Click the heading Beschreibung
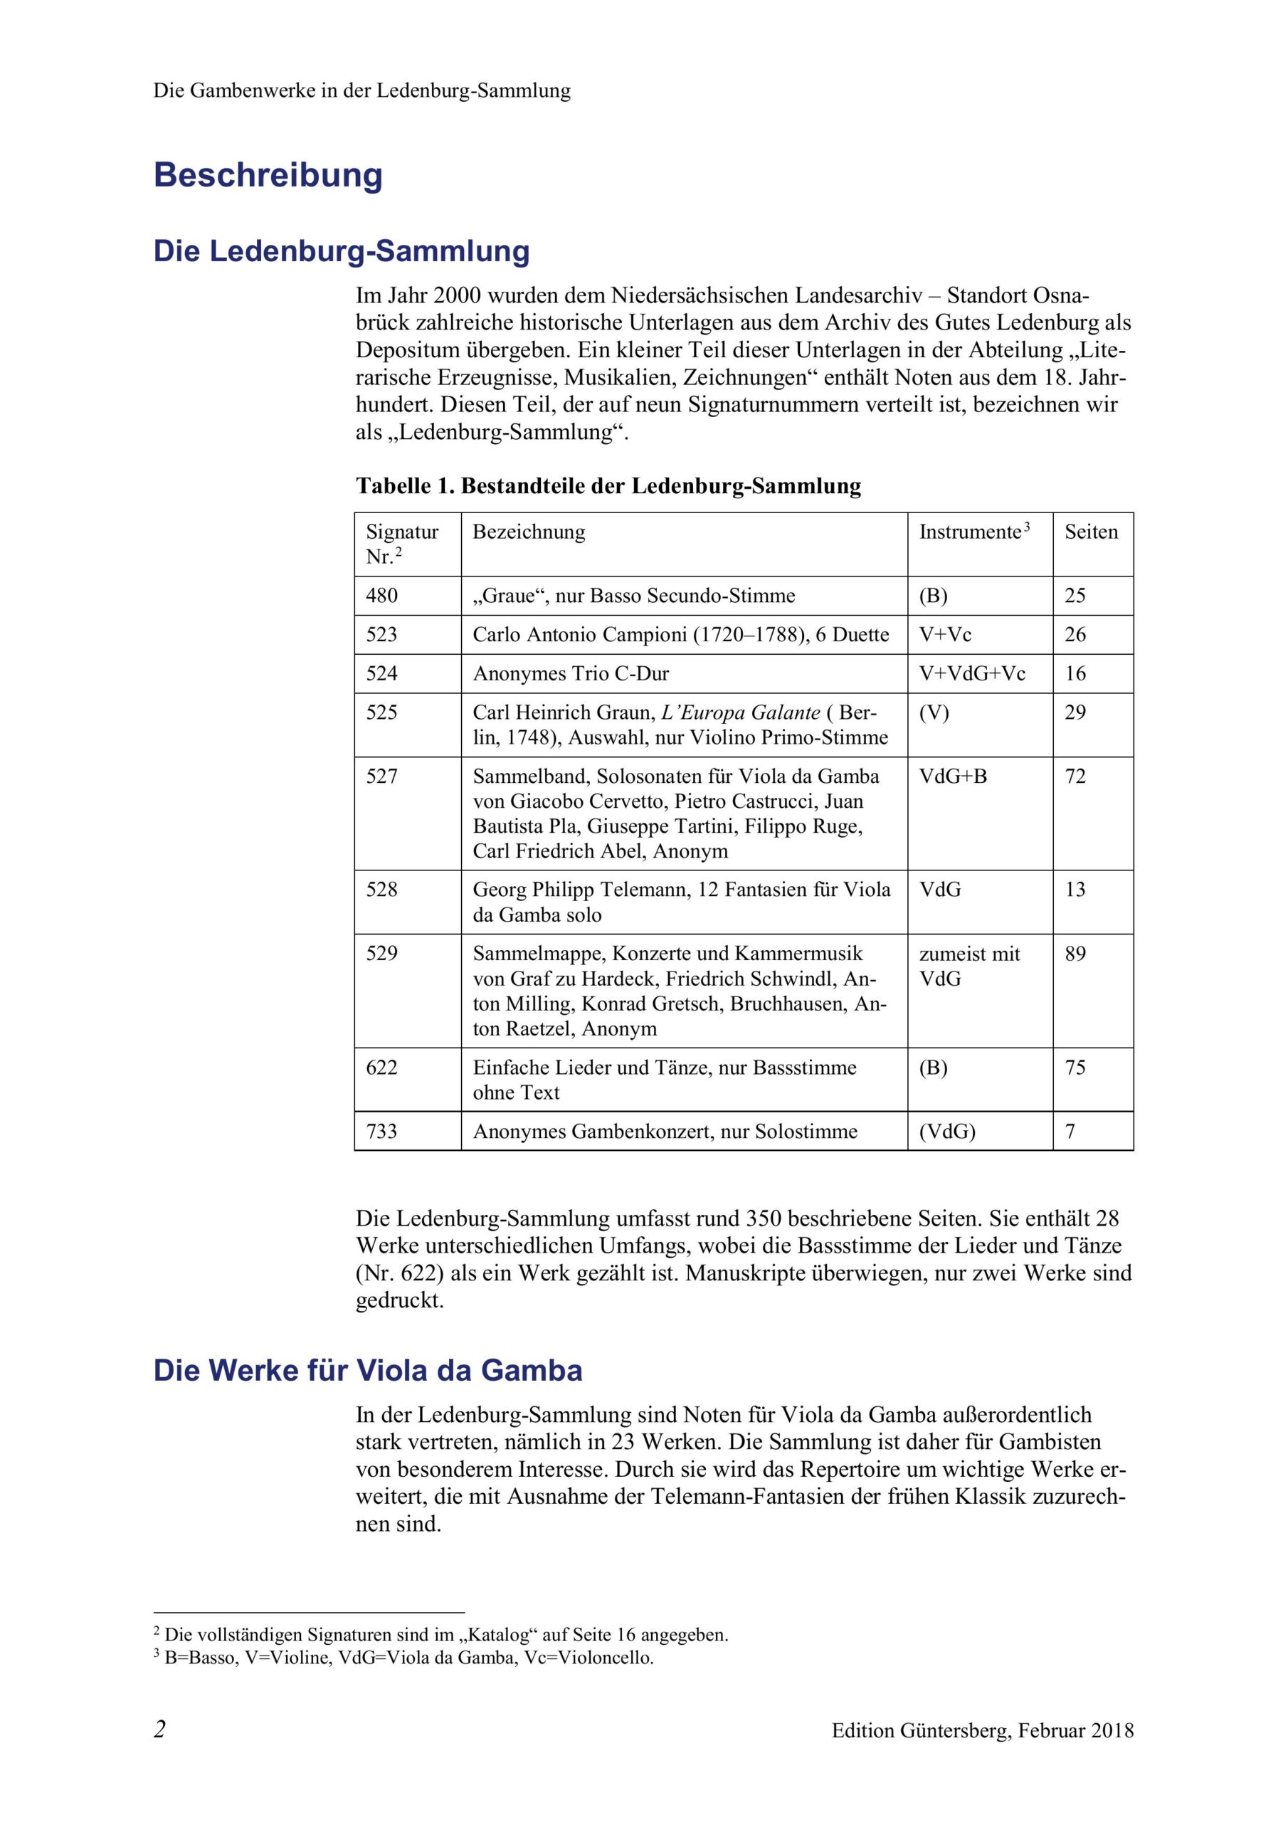pos(268,175)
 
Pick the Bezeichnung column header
pos(529,532)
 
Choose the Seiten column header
pos(1090,532)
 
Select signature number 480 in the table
pos(381,595)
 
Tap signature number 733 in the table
pos(381,1131)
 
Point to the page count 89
pos(1075,953)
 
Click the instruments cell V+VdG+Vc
pos(971,673)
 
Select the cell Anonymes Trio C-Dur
pos(571,673)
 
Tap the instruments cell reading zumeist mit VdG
pos(968,966)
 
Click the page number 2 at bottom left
pos(160,1729)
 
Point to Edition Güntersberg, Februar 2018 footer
pos(983,1731)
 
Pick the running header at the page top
pos(362,90)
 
